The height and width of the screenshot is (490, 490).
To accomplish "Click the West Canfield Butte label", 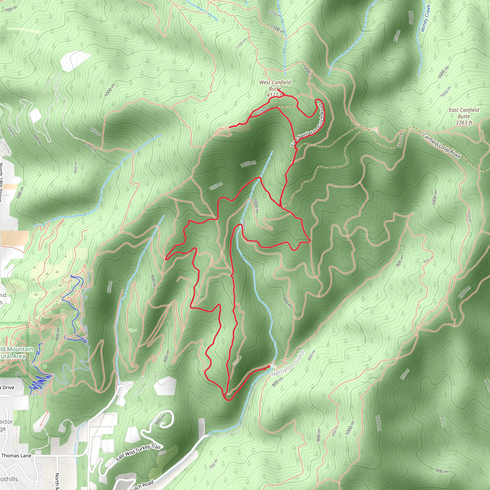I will click(275, 85).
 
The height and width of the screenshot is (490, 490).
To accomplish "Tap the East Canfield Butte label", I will click(464, 113).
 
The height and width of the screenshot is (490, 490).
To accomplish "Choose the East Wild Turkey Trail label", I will click(138, 452).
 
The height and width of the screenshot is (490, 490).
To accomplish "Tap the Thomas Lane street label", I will click(16, 456).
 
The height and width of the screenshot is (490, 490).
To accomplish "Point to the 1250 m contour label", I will click(262, 111).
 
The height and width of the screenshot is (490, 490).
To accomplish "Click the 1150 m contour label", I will click(241, 44).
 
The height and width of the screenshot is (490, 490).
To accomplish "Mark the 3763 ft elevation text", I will click(464, 123).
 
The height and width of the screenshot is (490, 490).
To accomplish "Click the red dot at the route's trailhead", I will click(269, 366).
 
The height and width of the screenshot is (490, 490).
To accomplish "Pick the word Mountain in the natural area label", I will click(20, 350).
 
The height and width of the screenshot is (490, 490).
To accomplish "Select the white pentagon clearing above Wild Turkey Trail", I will click(165, 386).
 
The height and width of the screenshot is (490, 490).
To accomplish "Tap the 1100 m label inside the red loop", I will click(248, 164).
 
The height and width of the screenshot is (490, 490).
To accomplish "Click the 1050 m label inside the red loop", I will click(216, 186).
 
